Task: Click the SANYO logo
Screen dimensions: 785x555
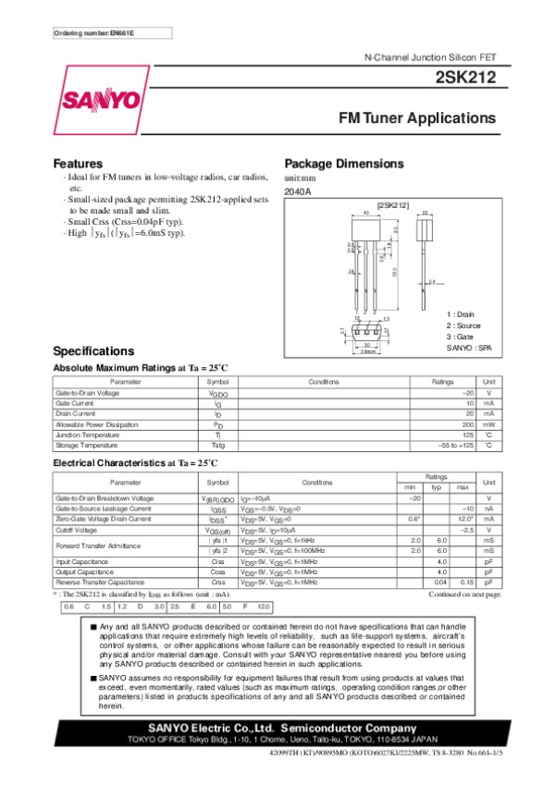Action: click(x=101, y=101)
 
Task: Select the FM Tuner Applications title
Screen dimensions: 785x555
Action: click(x=417, y=119)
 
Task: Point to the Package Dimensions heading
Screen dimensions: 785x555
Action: click(x=344, y=164)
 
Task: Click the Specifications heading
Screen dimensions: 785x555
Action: click(x=94, y=351)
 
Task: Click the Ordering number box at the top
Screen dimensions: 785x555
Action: click(x=93, y=33)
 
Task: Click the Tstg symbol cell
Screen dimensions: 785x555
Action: click(x=218, y=446)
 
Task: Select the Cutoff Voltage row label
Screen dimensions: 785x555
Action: click(x=77, y=531)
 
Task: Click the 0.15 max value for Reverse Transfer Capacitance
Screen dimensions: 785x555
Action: click(x=466, y=583)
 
